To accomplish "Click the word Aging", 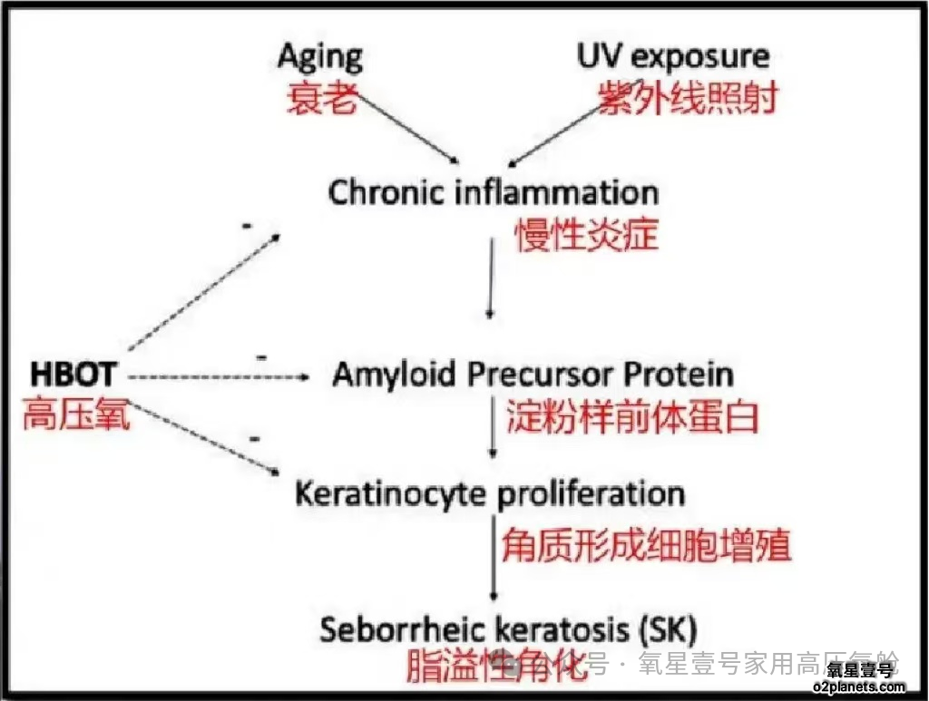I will coord(319,57).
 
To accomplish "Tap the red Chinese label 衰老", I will coord(319,98).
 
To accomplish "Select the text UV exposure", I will coord(672,57).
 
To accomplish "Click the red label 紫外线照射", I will coord(687,98).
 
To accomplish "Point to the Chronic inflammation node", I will coord(493,193).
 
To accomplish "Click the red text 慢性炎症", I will coord(587,235).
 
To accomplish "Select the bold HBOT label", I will coord(73,374).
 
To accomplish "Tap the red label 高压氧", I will coord(76,415).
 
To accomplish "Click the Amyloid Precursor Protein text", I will coord(533,375).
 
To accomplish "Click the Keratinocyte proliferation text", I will coord(490,494).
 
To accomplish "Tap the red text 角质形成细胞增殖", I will coord(646,546).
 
